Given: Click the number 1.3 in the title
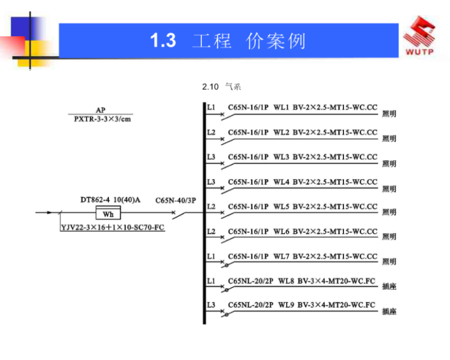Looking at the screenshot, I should pos(163,41).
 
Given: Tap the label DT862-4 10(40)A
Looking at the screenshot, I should pos(111,200).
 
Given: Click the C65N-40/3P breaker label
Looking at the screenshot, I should pos(175,200).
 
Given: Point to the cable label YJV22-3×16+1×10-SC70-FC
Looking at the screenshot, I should pos(113,227).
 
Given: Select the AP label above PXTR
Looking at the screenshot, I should pos(101,110).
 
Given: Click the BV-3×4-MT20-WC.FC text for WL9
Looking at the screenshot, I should pos(336,306).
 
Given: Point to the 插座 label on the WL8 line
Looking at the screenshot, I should pos(389,287).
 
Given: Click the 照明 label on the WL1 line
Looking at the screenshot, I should pos(389,114).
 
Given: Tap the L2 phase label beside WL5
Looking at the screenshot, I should pos(211,207).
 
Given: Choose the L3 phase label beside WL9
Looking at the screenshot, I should pos(211,306).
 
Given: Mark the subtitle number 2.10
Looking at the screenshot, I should pos(210,87).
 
